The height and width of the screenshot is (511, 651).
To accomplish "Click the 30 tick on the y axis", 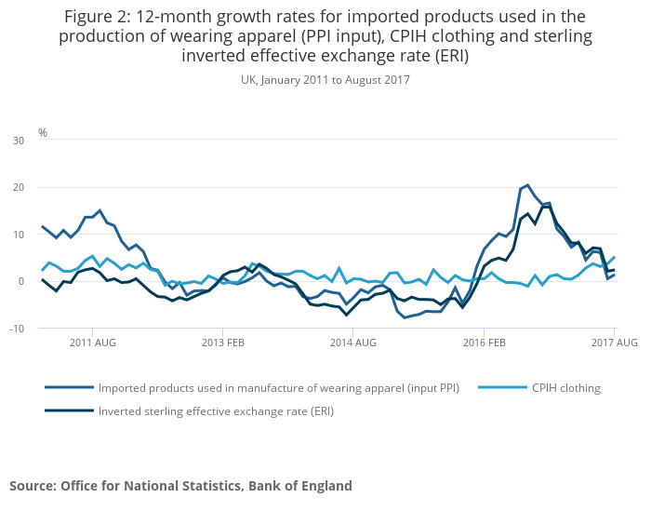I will (x=18, y=141).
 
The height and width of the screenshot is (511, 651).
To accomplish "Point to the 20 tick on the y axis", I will (x=18, y=187).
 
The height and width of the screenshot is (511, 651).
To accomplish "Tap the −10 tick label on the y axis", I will (x=15, y=329).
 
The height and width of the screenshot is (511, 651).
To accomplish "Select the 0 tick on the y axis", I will (x=20, y=281).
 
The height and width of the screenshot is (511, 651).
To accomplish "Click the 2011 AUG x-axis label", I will (x=92, y=343).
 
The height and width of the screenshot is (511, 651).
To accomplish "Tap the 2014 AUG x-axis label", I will (x=352, y=343).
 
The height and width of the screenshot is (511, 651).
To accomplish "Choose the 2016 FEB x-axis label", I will (x=484, y=343).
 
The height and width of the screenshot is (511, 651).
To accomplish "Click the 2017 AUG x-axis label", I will (x=613, y=343).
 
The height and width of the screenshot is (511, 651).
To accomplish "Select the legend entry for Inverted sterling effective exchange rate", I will (x=216, y=410).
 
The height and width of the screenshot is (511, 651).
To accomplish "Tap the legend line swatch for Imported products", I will (x=69, y=388).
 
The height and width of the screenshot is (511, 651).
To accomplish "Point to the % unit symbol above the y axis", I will (x=43, y=133).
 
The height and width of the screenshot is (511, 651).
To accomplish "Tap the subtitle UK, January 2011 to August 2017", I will (x=325, y=80).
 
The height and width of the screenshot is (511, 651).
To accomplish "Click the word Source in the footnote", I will (x=33, y=485).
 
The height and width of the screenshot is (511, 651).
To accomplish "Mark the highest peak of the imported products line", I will (x=527, y=184).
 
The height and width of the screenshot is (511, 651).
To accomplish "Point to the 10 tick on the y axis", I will (x=18, y=235).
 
